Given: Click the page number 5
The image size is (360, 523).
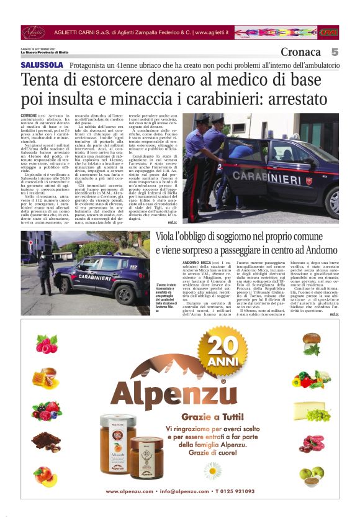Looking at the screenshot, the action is [x=335, y=52].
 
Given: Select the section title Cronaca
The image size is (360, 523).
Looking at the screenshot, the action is [x=300, y=52].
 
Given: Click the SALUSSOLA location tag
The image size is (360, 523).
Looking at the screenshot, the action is [x=42, y=65].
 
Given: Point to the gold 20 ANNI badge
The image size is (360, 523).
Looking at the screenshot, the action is [x=223, y=355].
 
